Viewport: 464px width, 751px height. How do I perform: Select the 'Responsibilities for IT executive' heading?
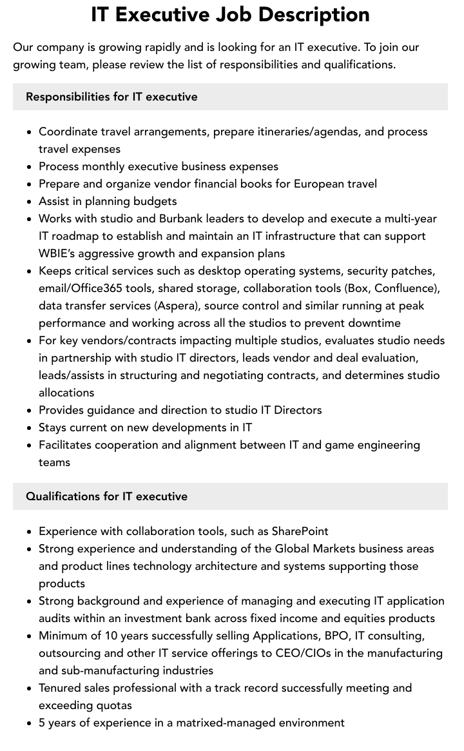[x=111, y=97]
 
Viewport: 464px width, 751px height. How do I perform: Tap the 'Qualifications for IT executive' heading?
[x=106, y=496]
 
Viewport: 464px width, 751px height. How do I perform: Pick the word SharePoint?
[x=300, y=531]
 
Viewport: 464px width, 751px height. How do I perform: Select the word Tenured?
[x=61, y=688]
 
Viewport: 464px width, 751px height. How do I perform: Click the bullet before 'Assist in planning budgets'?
[x=29, y=202]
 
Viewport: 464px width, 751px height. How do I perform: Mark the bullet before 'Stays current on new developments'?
[x=29, y=428]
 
